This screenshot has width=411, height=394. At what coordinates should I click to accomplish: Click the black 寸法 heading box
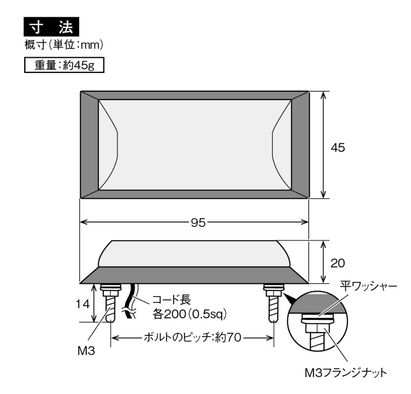coord(51,27)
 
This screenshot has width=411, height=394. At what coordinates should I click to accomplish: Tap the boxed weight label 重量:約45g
coord(64,65)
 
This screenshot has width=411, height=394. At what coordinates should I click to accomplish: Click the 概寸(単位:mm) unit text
coord(64,45)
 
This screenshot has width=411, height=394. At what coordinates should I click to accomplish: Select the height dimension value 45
coord(338,148)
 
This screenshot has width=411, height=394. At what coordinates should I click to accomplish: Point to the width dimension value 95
coord(198,223)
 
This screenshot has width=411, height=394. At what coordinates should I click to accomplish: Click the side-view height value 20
coord(337,263)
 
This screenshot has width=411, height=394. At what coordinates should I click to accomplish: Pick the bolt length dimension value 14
coord(83,304)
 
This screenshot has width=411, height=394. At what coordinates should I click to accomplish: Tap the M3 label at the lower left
coord(86,351)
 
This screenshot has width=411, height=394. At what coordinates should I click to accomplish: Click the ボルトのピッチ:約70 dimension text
coord(193,338)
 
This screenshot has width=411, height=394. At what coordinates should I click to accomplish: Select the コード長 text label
coord(172,300)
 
